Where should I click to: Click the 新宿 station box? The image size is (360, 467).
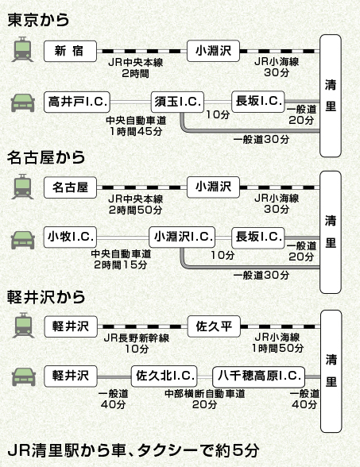[71, 50]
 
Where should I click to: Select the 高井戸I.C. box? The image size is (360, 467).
[77, 101]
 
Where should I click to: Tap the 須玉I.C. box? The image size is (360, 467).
[178, 101]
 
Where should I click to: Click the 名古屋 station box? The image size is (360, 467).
[71, 187]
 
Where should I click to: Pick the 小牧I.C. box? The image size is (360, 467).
[71, 237]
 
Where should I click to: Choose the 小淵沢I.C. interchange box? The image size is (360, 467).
[182, 237]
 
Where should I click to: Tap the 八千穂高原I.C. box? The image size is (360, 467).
[259, 374]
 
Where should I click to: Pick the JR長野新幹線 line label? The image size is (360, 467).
[137, 338]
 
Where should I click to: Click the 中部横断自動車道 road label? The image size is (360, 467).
[205, 393]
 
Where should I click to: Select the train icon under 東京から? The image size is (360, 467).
[22, 50]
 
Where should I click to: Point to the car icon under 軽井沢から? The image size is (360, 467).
[22, 374]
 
